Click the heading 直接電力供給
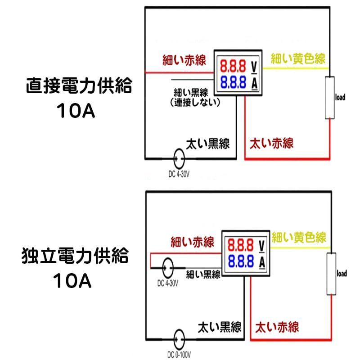tap(79, 85)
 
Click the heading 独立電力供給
tap(75, 255)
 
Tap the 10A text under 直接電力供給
tap(76, 111)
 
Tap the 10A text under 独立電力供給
tap(72, 280)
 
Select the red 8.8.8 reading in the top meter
tap(233, 66)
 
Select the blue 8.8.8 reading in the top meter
tap(233, 82)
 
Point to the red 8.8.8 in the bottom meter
tap(241, 245)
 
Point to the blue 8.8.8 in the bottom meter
tap(241, 261)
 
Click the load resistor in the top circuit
tap(330, 98)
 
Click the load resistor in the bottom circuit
tap(331, 274)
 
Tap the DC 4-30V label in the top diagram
tap(179, 174)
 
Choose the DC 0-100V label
tap(179, 355)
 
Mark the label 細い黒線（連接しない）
tap(195, 98)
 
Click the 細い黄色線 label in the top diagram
tap(298, 58)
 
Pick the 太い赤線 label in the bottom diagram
tap(277, 327)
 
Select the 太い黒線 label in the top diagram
tap(208, 144)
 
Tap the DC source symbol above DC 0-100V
tap(179, 340)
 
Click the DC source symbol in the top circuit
tap(179, 159)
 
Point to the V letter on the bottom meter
tap(262, 245)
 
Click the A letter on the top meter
tap(254, 84)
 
